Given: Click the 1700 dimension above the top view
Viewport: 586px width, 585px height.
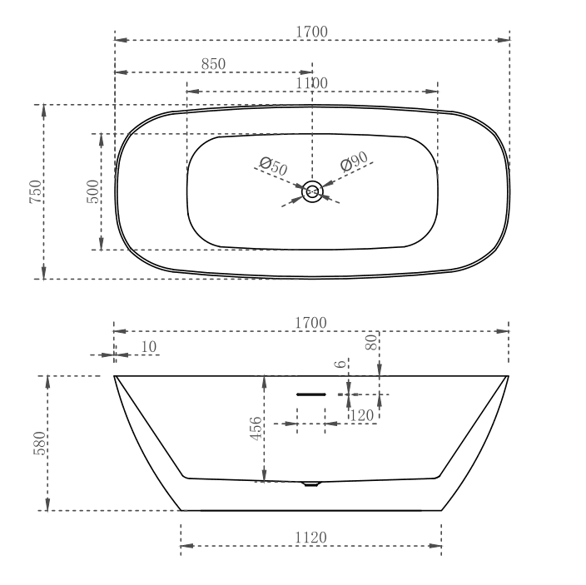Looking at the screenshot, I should pyautogui.click(x=311, y=32).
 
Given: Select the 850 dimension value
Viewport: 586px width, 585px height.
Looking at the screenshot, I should pyautogui.click(x=213, y=64).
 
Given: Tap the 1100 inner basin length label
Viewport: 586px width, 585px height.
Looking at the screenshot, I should pyautogui.click(x=311, y=82).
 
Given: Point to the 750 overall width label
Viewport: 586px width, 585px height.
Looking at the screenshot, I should pyautogui.click(x=36, y=192).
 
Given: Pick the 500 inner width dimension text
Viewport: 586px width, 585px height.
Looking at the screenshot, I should pyautogui.click(x=93, y=191).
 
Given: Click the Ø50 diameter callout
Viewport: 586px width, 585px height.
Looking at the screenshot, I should pyautogui.click(x=273, y=166).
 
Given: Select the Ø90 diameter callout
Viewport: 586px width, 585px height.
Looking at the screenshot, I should pyautogui.click(x=353, y=162).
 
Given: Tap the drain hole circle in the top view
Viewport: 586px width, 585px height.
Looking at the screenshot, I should pyautogui.click(x=312, y=192).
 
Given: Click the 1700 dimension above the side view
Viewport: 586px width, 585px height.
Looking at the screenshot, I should pyautogui.click(x=311, y=322).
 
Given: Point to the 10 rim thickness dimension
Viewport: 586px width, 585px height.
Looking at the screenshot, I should pyautogui.click(x=149, y=346).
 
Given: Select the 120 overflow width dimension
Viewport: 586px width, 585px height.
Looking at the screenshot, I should pyautogui.click(x=361, y=414).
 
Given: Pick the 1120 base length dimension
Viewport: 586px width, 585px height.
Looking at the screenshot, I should pyautogui.click(x=311, y=538).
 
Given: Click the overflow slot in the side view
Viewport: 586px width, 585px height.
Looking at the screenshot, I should pyautogui.click(x=311, y=393).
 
